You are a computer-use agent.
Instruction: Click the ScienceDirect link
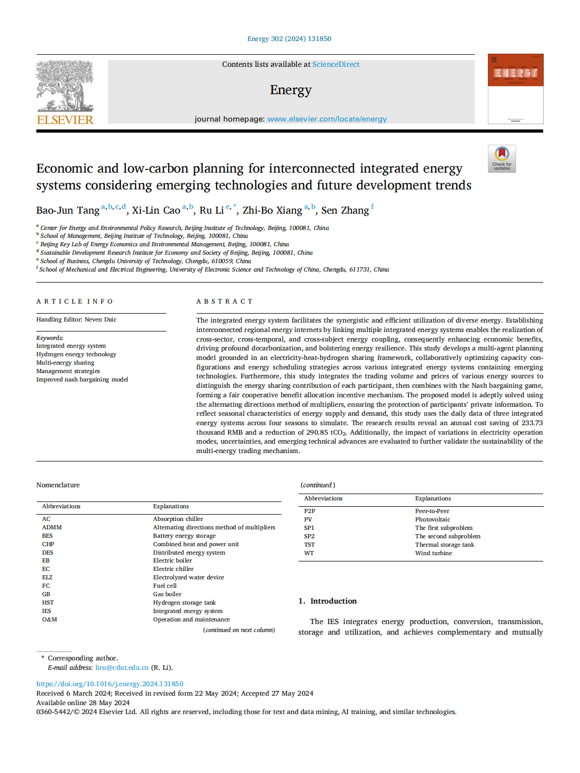tap(336, 64)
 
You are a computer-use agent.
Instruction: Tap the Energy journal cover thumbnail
tap(515, 88)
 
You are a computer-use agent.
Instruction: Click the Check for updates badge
tap(502, 158)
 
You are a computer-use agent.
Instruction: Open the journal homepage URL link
tap(327, 119)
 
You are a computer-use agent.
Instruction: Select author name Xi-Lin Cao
tap(156, 210)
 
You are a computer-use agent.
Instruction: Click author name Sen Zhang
tap(345, 210)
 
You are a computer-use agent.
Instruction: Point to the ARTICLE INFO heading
tap(75, 302)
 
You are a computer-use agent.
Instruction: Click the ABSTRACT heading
tap(225, 302)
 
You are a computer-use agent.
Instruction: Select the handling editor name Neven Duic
tap(101, 319)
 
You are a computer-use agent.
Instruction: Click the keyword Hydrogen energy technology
tap(76, 354)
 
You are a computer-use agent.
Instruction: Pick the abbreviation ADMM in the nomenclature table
tap(52, 527)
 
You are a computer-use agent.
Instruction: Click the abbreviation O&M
tap(49, 619)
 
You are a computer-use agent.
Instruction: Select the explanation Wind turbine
tap(433, 553)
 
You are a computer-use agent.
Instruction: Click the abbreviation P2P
tap(309, 511)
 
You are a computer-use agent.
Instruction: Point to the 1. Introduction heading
tap(327, 601)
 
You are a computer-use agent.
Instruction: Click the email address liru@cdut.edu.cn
tap(122, 668)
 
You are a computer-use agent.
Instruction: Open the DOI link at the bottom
tap(109, 684)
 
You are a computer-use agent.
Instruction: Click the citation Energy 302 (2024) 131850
tap(289, 39)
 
